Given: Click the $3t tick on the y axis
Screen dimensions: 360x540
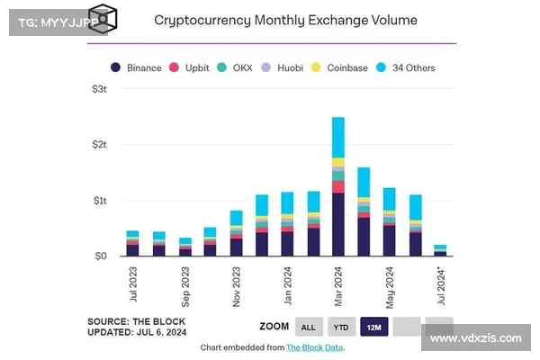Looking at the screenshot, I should tap(100, 89).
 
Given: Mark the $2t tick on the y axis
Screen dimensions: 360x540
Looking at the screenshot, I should tap(100, 145).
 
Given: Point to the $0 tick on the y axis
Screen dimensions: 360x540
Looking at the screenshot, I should tap(102, 256).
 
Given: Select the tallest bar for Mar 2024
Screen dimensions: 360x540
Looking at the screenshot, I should tap(338, 186).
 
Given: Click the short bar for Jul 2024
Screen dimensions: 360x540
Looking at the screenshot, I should tap(441, 250).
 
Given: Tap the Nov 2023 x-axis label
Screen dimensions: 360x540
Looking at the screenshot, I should tap(236, 286).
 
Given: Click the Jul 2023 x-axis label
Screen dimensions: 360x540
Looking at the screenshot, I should tap(133, 284).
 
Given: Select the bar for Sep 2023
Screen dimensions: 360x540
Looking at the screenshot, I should tap(184, 247).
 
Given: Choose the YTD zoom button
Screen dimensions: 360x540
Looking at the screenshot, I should tap(340, 328).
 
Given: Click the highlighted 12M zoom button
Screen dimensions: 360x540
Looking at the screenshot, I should tap(373, 328).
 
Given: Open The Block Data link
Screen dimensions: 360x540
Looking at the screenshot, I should tap(314, 346).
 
